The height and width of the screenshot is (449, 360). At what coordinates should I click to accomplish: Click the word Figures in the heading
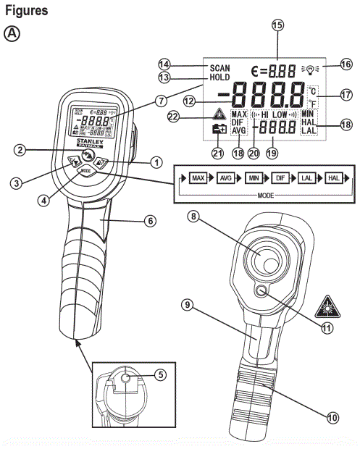click(27, 11)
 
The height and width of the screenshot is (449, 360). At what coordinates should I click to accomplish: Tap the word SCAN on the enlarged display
click(216, 67)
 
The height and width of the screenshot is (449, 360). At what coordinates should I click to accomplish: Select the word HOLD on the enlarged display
click(216, 77)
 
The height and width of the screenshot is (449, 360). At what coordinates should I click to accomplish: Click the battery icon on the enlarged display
click(217, 130)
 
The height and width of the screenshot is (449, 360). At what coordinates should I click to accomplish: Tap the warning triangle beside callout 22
click(217, 116)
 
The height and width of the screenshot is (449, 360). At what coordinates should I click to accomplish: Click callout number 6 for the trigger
click(149, 221)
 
